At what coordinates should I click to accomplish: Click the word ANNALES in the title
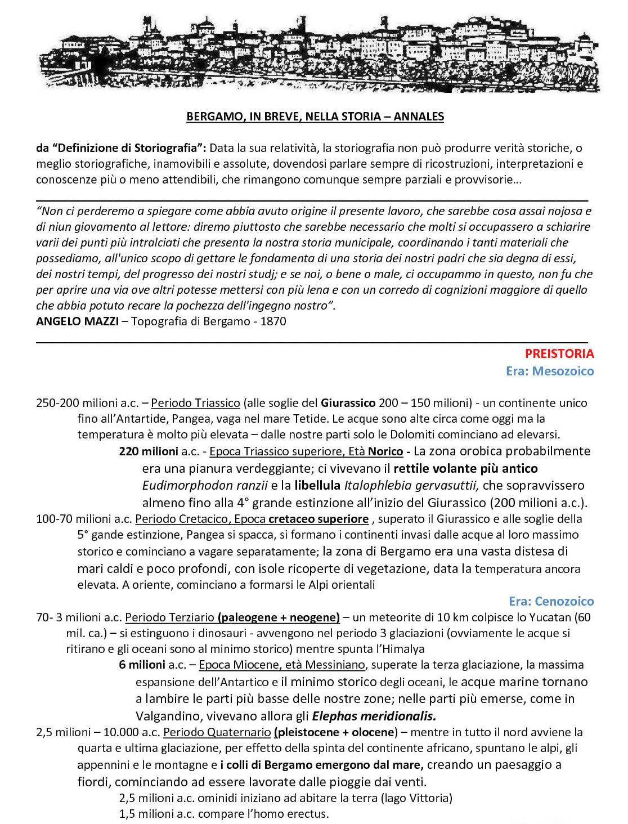click(419, 117)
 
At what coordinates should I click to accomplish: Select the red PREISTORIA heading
click(559, 354)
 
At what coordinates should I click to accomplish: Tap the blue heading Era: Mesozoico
click(549, 371)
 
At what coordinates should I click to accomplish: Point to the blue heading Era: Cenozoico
click(551, 601)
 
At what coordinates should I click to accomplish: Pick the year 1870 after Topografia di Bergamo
click(273, 321)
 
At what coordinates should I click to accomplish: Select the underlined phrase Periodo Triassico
click(195, 403)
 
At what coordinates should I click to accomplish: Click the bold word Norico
click(385, 451)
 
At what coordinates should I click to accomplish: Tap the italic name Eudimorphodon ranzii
click(204, 485)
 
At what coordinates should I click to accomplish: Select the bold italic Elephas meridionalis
click(374, 716)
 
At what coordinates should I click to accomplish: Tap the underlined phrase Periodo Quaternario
click(217, 732)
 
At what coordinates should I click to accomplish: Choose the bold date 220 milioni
click(149, 451)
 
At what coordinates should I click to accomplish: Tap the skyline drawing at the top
click(318, 53)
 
